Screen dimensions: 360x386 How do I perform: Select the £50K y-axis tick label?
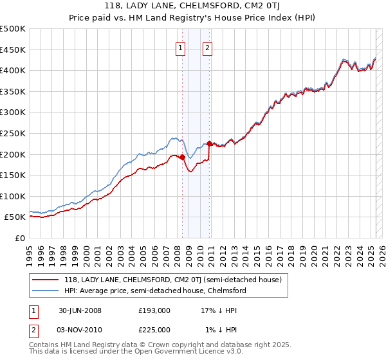[15, 217]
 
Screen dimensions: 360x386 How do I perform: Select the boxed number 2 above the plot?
[207, 47]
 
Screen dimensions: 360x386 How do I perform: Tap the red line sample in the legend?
[45, 280]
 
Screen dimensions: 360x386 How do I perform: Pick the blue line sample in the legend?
[45, 291]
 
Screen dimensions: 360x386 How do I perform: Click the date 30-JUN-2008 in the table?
[79, 310]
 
